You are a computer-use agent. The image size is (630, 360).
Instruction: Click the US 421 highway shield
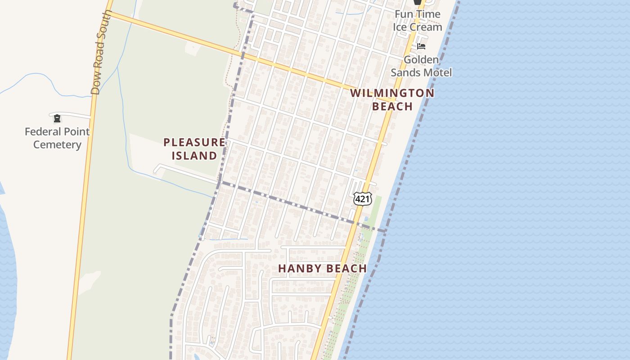click(x=362, y=198)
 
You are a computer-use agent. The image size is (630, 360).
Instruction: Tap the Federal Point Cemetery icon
click(x=57, y=118)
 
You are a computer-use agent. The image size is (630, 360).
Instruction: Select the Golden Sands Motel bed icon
click(x=421, y=46)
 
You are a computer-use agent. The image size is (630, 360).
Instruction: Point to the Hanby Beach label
click(x=322, y=269)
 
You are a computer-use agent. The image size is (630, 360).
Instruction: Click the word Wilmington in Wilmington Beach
click(x=392, y=93)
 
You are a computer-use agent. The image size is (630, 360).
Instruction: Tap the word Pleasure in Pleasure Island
click(x=194, y=143)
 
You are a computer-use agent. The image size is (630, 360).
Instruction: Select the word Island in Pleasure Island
click(x=194, y=156)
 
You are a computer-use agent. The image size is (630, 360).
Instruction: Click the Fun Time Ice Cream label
click(x=417, y=21)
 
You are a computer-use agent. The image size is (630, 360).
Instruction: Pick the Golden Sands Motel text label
click(x=421, y=66)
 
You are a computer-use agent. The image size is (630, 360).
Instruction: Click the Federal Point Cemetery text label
click(x=57, y=138)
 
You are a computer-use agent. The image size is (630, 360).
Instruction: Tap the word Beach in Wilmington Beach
click(x=392, y=106)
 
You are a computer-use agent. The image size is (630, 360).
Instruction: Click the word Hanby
click(x=298, y=269)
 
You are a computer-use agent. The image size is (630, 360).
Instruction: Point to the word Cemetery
click(x=57, y=145)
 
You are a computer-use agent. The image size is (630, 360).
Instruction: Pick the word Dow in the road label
click(x=95, y=85)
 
